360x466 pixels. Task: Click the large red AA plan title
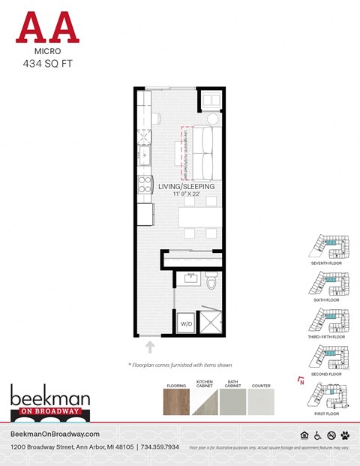(x=47, y=28)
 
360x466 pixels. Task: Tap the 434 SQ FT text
(x=47, y=64)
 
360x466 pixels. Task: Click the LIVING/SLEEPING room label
(x=186, y=186)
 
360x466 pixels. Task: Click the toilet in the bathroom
(x=211, y=282)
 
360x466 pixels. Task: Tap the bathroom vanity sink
(x=190, y=278)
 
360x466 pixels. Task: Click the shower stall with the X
(x=211, y=321)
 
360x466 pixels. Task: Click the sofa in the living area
(x=205, y=147)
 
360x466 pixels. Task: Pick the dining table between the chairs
(x=200, y=218)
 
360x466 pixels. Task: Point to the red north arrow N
(x=301, y=380)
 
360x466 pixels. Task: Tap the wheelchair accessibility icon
(x=317, y=435)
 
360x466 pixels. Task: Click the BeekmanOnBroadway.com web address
(x=55, y=434)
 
